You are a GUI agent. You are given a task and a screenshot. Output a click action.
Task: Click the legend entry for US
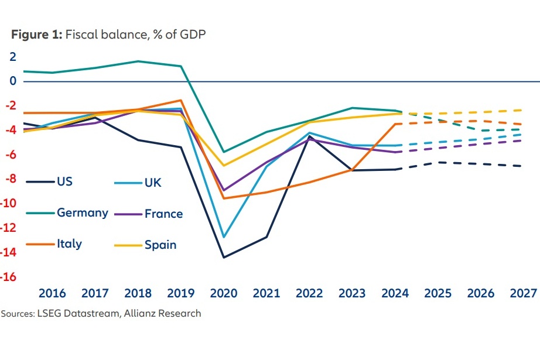tap(64, 181)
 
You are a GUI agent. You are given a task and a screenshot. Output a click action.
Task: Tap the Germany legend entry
tap(82, 212)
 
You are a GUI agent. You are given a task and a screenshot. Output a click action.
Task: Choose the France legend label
tap(163, 214)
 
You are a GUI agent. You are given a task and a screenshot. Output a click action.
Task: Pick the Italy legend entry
tap(69, 244)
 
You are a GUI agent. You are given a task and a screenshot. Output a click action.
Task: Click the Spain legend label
tap(160, 245)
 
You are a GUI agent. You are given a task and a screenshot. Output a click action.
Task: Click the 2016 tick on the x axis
tap(52, 293)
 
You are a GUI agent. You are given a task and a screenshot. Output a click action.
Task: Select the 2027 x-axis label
tap(522, 293)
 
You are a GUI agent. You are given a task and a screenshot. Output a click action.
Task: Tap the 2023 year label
tap(351, 293)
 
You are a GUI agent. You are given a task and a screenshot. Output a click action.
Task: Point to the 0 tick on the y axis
tap(12, 81)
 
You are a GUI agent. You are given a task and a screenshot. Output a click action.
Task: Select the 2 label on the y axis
tap(12, 57)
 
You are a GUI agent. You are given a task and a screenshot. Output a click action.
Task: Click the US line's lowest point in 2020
tap(224, 258)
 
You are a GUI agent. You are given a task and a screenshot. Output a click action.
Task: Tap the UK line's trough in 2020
tap(224, 237)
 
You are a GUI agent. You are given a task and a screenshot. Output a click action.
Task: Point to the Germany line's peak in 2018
tap(138, 61)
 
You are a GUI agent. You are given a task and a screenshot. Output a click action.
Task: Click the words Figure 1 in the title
tap(34, 33)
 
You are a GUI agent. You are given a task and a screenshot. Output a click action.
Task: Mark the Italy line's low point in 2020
tap(224, 198)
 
